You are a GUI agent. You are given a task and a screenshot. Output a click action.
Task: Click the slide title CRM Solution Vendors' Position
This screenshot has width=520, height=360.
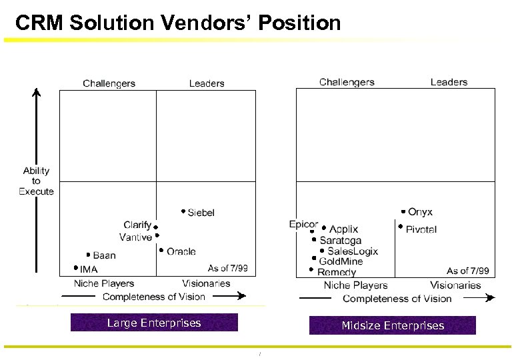[178, 23]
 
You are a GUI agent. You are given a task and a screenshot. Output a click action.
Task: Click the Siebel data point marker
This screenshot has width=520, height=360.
[183, 211]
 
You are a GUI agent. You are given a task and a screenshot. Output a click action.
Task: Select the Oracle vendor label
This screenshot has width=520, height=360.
[181, 251]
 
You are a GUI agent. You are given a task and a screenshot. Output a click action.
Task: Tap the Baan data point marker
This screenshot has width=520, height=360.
[88, 255]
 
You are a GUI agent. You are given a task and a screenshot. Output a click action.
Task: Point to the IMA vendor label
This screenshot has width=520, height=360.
[89, 269]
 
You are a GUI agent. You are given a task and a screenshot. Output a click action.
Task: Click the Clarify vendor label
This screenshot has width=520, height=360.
[137, 225]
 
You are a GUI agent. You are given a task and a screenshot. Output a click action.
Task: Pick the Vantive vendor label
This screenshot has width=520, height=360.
[135, 237]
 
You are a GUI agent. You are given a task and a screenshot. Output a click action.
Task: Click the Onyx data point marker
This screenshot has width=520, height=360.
[403, 211]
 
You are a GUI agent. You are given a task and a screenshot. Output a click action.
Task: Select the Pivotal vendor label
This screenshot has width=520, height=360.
[421, 229]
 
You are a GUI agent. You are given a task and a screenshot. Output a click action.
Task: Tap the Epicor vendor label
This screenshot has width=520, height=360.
[303, 224]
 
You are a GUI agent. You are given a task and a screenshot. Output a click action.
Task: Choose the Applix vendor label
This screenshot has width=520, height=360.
[344, 229]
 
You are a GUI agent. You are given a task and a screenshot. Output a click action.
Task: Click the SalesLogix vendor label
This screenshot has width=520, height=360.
[353, 251]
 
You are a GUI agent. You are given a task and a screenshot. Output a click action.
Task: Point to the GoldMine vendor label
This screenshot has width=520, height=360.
[341, 261]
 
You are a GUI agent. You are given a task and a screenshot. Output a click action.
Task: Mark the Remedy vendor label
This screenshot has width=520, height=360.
[337, 272]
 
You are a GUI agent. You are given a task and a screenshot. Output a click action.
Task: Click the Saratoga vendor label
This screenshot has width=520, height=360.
[341, 240]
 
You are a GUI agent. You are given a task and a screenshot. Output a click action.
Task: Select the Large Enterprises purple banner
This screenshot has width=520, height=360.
[154, 323]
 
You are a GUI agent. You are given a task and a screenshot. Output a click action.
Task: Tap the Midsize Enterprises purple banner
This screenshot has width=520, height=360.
[393, 325]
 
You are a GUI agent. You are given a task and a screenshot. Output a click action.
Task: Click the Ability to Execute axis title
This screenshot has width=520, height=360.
[36, 181]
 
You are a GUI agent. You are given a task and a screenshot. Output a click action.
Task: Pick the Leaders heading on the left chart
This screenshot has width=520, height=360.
[207, 83]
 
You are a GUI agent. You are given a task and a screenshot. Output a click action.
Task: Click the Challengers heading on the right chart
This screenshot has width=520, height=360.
[347, 82]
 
